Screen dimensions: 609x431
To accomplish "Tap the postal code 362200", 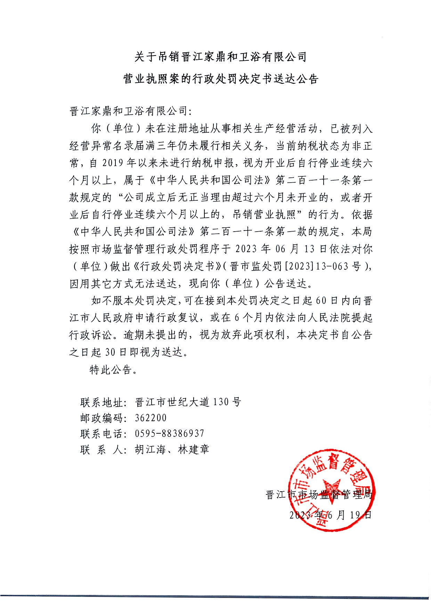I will tap(151, 418).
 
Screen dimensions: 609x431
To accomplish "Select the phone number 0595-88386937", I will tap(169, 433).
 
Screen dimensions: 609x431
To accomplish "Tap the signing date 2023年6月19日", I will tap(330, 515).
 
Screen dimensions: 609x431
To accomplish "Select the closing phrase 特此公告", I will tap(111, 370).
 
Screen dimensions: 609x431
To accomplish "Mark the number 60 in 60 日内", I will tap(321, 301).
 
